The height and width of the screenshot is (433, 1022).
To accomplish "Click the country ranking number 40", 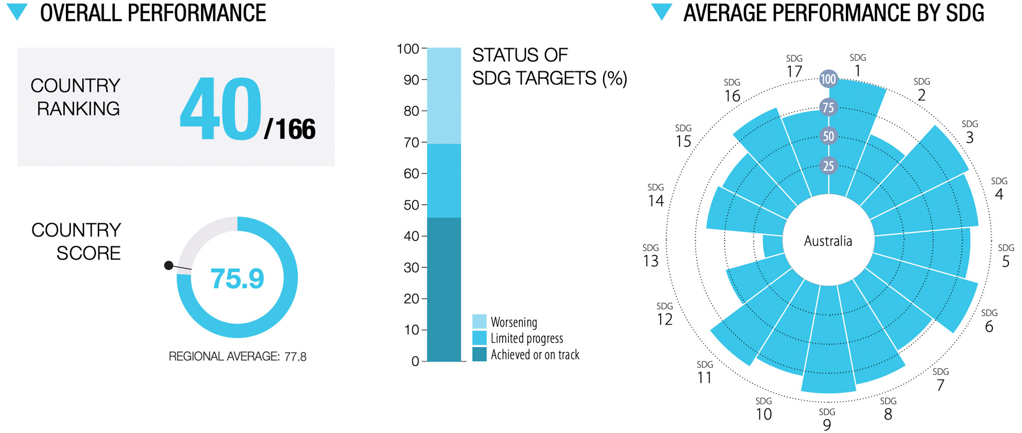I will click(221, 109).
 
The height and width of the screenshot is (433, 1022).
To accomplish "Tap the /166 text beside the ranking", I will click(290, 129).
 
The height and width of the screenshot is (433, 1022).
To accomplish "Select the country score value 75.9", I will click(237, 279).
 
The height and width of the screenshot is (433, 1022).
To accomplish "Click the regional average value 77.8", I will click(295, 357).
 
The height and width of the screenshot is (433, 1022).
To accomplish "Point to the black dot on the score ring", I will click(169, 266).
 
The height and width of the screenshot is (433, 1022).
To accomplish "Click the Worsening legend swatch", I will click(479, 322).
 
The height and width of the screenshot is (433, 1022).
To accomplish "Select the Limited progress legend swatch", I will click(479, 338).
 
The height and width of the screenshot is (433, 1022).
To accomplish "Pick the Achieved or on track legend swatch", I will click(479, 355).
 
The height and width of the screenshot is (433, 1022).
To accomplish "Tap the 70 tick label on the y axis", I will click(411, 142).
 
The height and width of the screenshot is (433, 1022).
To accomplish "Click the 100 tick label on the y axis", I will click(408, 49).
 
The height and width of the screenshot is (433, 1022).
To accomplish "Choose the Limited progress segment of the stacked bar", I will click(444, 181).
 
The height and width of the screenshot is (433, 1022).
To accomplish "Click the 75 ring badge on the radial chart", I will click(828, 107).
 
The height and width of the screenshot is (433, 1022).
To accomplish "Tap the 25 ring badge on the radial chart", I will click(828, 166).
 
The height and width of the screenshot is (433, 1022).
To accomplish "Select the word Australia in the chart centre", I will click(828, 241).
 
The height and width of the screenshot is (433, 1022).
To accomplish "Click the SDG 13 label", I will click(651, 256).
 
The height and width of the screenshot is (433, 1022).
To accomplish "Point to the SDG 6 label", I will click(989, 321).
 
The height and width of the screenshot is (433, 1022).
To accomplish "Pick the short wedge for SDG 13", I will click(773, 246).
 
